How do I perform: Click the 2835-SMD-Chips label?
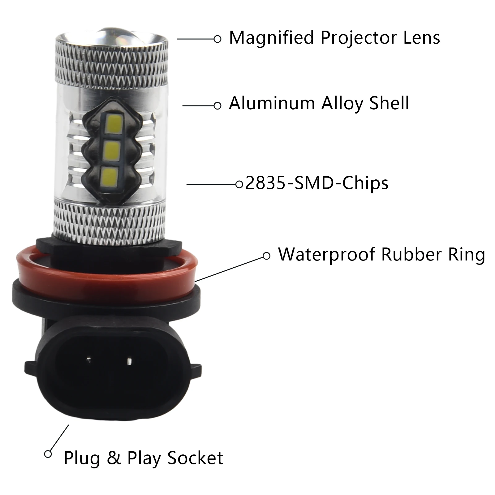point(317,183)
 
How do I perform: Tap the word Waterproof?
point(327,255)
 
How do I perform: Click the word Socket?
point(195,458)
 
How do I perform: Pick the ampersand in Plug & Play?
point(114,458)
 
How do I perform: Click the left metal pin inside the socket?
point(88,360)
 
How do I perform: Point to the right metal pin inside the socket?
point(129,361)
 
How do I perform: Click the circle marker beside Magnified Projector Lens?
point(217,39)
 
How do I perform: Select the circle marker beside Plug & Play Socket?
point(48,454)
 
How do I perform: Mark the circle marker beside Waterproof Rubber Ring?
point(266,256)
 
